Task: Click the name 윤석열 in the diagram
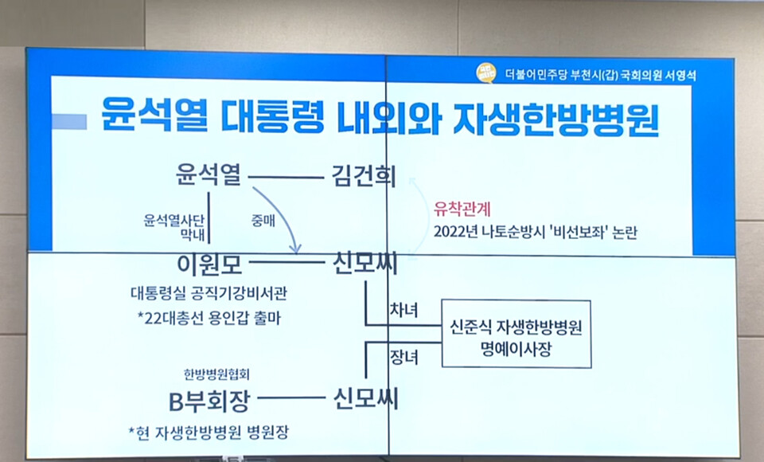click(x=208, y=174)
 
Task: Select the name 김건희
click(x=361, y=175)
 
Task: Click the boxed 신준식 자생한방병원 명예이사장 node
click(x=516, y=338)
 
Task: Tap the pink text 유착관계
click(x=463, y=210)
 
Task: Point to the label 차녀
click(x=403, y=309)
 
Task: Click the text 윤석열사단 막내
click(x=176, y=225)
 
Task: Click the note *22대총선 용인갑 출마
click(x=210, y=318)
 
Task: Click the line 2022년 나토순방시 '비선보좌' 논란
click(x=536, y=233)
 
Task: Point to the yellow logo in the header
click(x=485, y=72)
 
